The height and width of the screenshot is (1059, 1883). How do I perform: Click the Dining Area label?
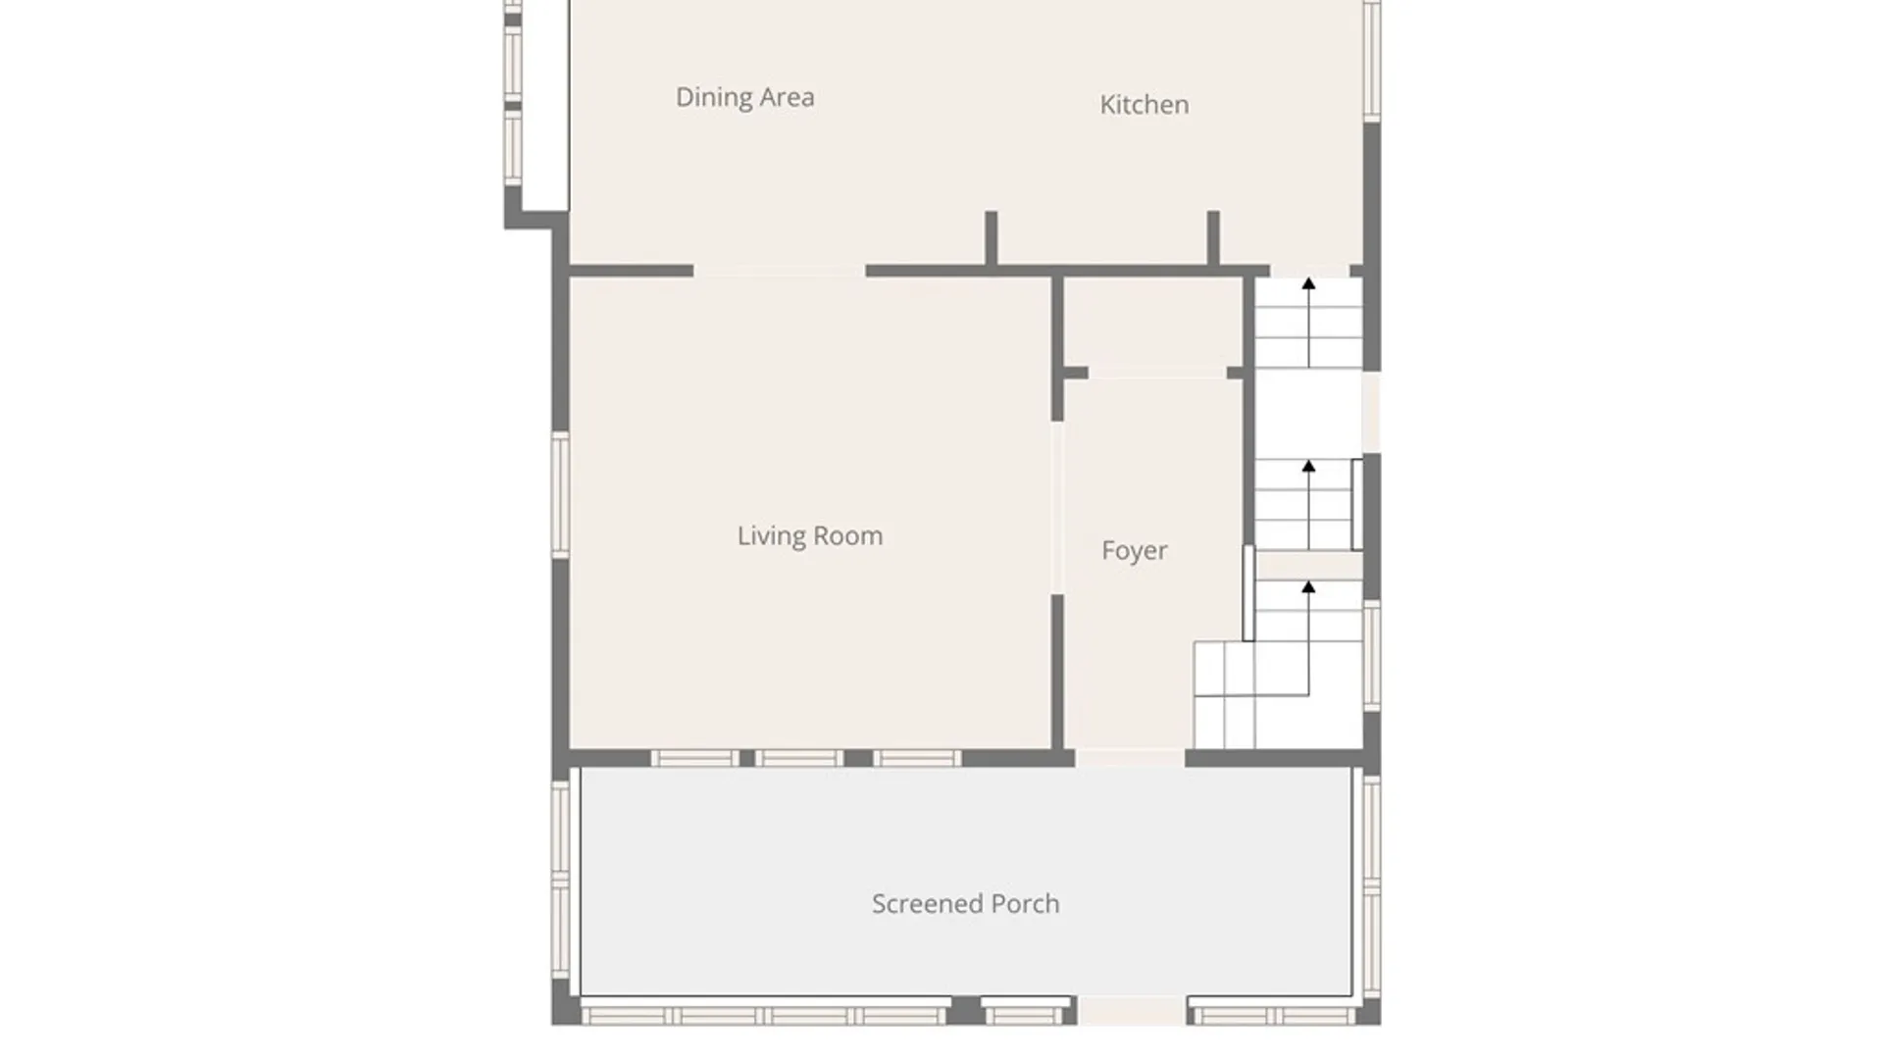click(744, 97)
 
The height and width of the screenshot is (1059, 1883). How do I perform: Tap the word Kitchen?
click(1144, 104)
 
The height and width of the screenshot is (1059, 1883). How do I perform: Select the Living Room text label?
click(810, 535)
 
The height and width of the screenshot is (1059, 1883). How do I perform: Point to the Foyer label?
click(1134, 550)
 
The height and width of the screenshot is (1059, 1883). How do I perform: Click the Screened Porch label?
click(966, 903)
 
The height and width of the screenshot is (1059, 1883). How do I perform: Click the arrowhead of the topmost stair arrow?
click(1308, 283)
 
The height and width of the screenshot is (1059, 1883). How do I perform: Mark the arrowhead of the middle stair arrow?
click(1308, 466)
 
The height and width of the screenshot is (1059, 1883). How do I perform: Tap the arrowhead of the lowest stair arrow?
click(1308, 586)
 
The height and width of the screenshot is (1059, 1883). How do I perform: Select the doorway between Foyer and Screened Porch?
click(1130, 758)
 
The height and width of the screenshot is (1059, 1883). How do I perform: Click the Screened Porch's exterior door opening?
click(1132, 1011)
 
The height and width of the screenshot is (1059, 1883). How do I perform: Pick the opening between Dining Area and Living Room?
click(780, 271)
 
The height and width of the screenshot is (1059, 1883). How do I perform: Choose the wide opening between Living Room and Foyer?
click(1057, 508)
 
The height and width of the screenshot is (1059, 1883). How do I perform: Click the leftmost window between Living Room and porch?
click(695, 758)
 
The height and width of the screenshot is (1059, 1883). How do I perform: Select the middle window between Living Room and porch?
click(799, 758)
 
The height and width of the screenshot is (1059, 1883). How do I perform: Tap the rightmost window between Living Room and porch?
click(917, 758)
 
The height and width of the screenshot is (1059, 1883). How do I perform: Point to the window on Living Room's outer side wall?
click(560, 495)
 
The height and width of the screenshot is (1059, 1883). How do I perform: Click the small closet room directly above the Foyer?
click(1152, 323)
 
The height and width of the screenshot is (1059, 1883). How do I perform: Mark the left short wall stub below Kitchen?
click(992, 237)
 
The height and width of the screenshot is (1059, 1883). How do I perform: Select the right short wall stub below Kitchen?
click(1213, 237)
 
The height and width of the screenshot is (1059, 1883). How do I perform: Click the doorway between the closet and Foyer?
click(1157, 373)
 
